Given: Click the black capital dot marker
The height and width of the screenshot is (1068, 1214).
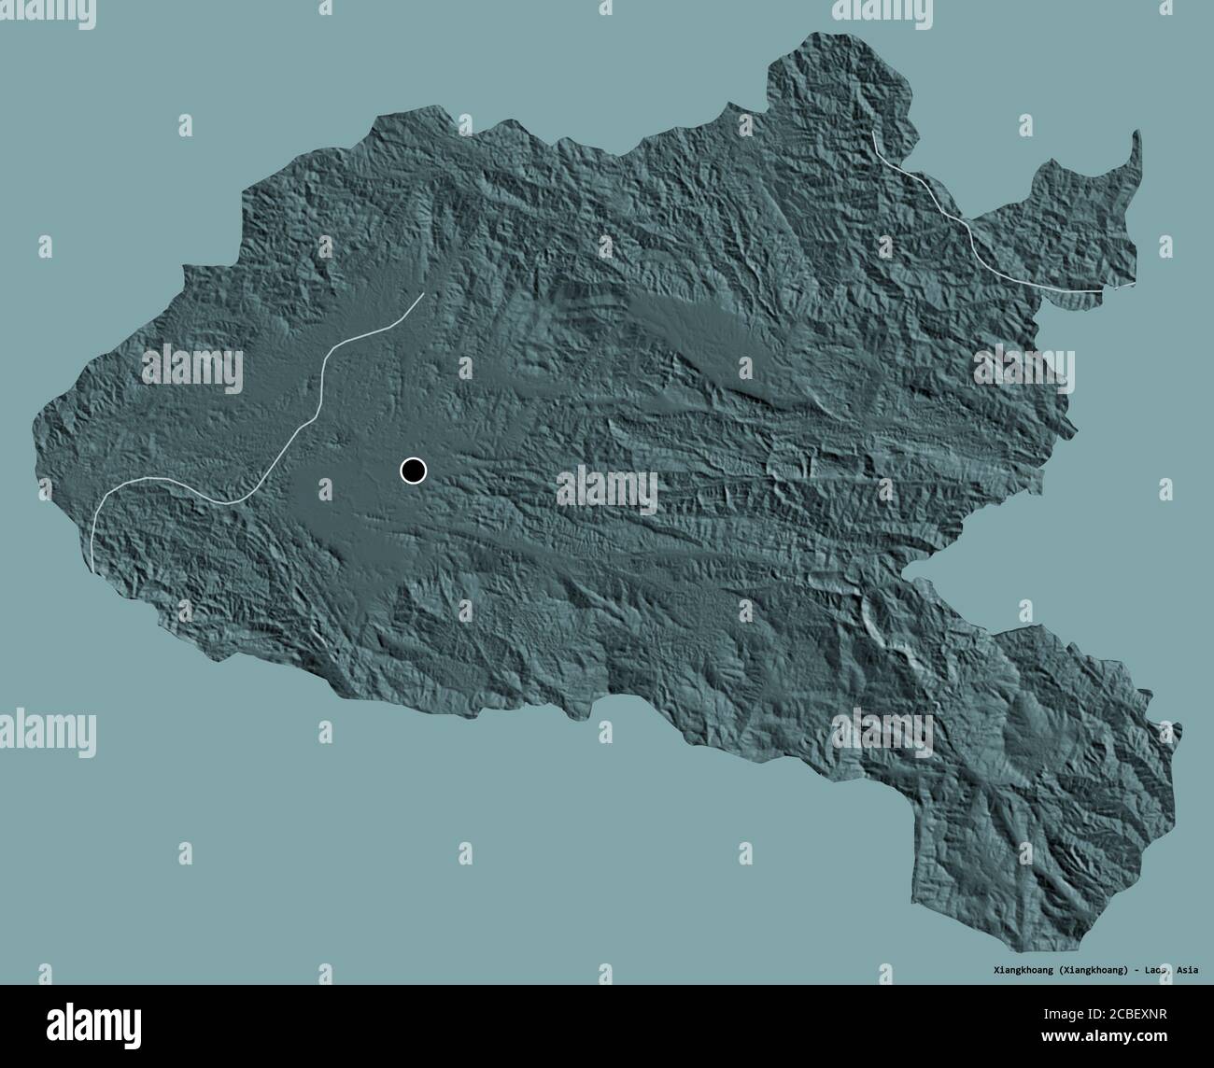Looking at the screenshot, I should pos(413,471).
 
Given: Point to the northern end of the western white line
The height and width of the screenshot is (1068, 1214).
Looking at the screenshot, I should pos(423,294).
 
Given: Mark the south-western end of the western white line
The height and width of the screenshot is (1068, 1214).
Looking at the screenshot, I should pos(94,569).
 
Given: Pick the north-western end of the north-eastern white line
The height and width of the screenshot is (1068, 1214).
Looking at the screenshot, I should pos(873,133).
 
